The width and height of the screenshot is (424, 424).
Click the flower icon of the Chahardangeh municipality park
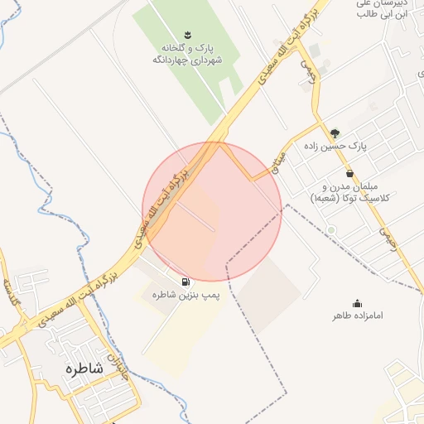click(x=186, y=35)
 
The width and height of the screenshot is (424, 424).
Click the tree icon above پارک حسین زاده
click(x=335, y=132)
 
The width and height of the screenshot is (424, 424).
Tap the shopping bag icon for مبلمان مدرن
click(x=349, y=174)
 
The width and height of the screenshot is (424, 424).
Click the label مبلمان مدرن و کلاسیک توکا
click(x=353, y=193)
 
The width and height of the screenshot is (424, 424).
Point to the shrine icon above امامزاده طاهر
click(x=357, y=303)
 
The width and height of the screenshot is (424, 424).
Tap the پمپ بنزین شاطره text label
click(x=184, y=295)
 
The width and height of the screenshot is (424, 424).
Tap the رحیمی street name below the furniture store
click(x=387, y=239)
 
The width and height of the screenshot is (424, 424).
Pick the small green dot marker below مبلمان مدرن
click(x=331, y=229)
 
